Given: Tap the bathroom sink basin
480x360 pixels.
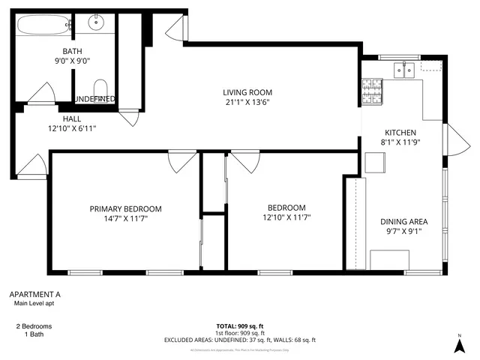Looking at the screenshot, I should coord(97,22).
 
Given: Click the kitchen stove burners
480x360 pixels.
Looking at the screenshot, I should coord(371,91).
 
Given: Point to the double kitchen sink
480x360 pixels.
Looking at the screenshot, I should coord(405,70).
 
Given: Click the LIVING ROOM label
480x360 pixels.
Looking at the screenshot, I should coord(246,92).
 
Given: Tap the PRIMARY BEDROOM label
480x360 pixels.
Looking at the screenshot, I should coord(125,208).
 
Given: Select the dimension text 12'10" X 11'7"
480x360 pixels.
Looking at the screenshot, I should coord(286,217).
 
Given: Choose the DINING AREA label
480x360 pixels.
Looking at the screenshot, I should coord(403,221).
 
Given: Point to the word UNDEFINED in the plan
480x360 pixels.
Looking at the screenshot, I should coord(94,99).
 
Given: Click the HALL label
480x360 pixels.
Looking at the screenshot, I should coord(72,118).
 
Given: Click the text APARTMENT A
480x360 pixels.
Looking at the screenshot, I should coord(34,295).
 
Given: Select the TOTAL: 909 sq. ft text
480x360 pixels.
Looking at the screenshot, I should coord(239,326).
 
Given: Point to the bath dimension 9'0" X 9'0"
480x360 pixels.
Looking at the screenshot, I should coord(73,61).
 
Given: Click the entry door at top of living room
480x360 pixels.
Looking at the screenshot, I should coord(174,30).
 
